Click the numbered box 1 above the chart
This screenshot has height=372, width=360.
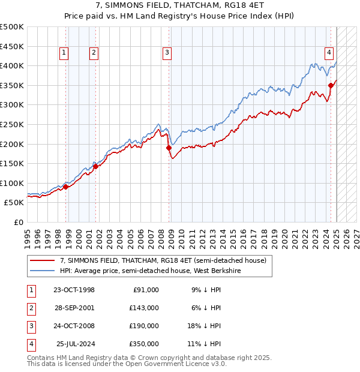64,53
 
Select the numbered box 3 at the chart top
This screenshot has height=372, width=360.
166,53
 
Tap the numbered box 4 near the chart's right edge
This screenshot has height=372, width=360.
329,53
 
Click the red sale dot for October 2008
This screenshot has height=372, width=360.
169,148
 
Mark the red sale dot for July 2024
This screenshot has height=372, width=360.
331,85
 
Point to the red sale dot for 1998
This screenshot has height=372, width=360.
65,187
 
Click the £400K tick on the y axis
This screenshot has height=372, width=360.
12,65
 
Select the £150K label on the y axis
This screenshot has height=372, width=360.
12,163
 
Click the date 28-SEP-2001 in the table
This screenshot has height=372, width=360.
74,307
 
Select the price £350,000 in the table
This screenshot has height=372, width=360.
145,344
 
